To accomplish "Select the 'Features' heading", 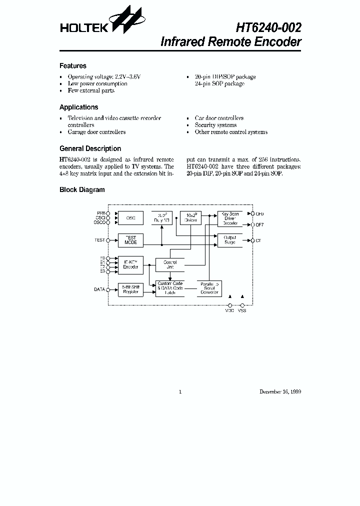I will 73,66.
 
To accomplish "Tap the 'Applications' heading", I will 78,107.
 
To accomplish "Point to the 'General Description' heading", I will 90,148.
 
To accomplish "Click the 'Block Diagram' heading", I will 82,190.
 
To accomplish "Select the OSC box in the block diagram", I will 130,218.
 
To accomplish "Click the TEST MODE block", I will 130,240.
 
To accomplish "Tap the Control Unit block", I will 170,265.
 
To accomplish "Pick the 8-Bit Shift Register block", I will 130,289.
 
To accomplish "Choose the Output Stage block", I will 230,240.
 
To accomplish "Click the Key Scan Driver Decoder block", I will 230,218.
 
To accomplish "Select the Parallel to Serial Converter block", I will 209,287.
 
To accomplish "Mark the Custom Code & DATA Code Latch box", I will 170,288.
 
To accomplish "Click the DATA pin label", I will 99,289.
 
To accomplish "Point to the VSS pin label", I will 242,311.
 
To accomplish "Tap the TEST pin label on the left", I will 100,240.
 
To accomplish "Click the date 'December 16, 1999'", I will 280,392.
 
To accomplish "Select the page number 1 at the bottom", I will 180,392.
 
